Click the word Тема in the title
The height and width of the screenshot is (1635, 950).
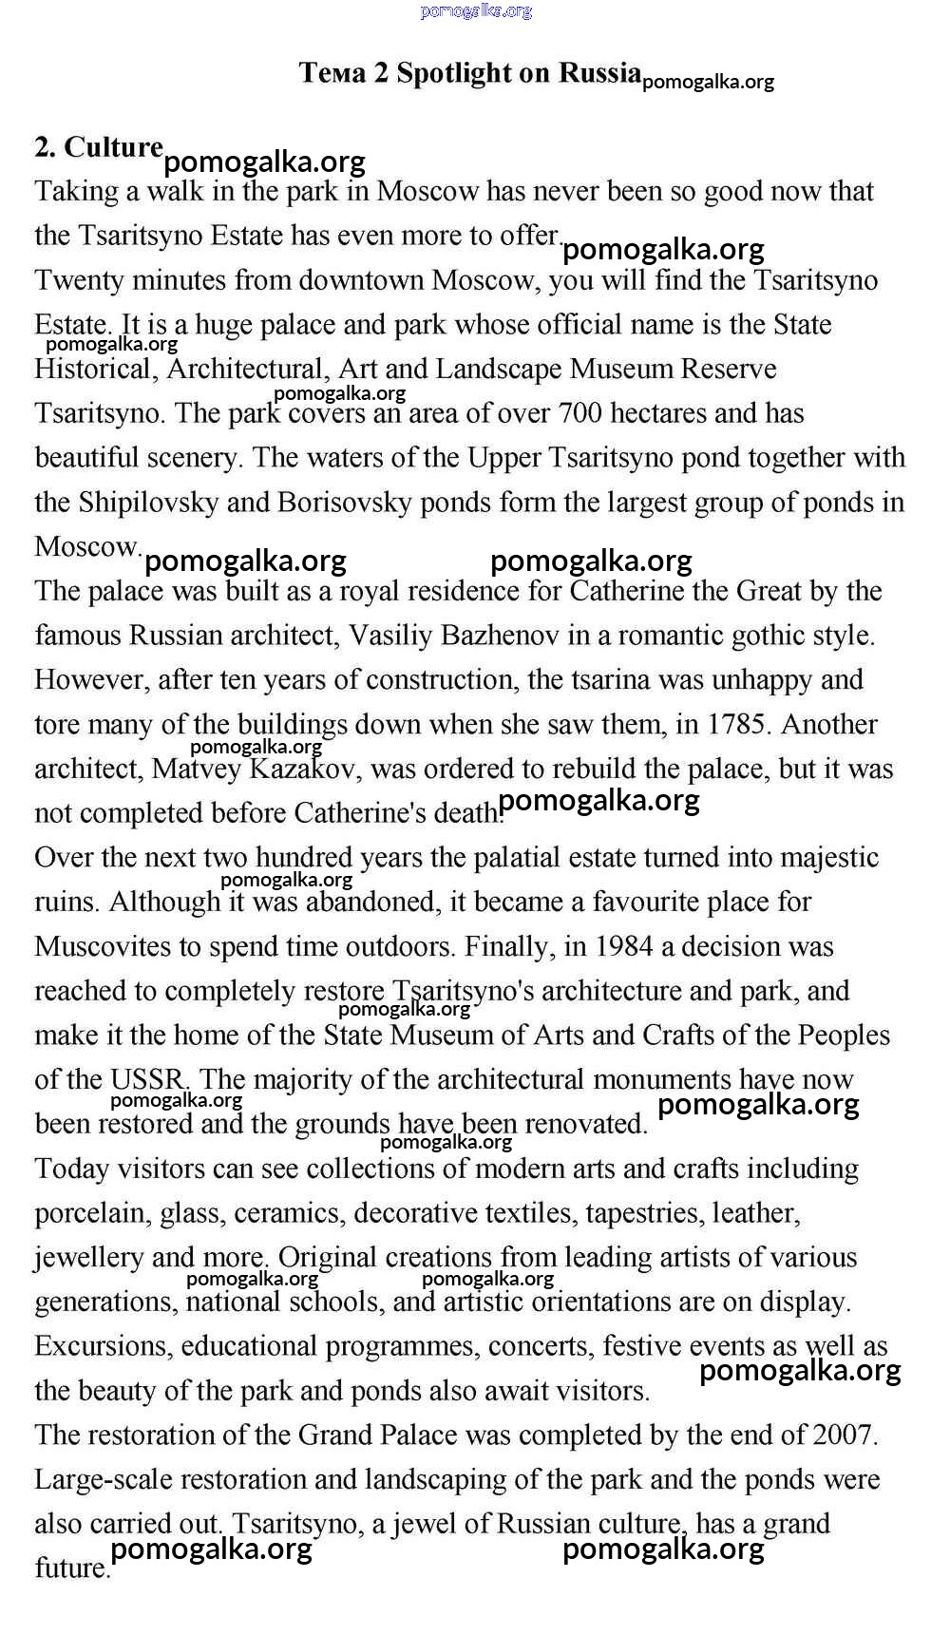click(332, 73)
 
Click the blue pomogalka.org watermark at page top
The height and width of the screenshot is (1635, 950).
click(475, 11)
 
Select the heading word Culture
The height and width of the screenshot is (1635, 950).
click(113, 147)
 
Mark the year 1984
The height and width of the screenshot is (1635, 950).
click(624, 946)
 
